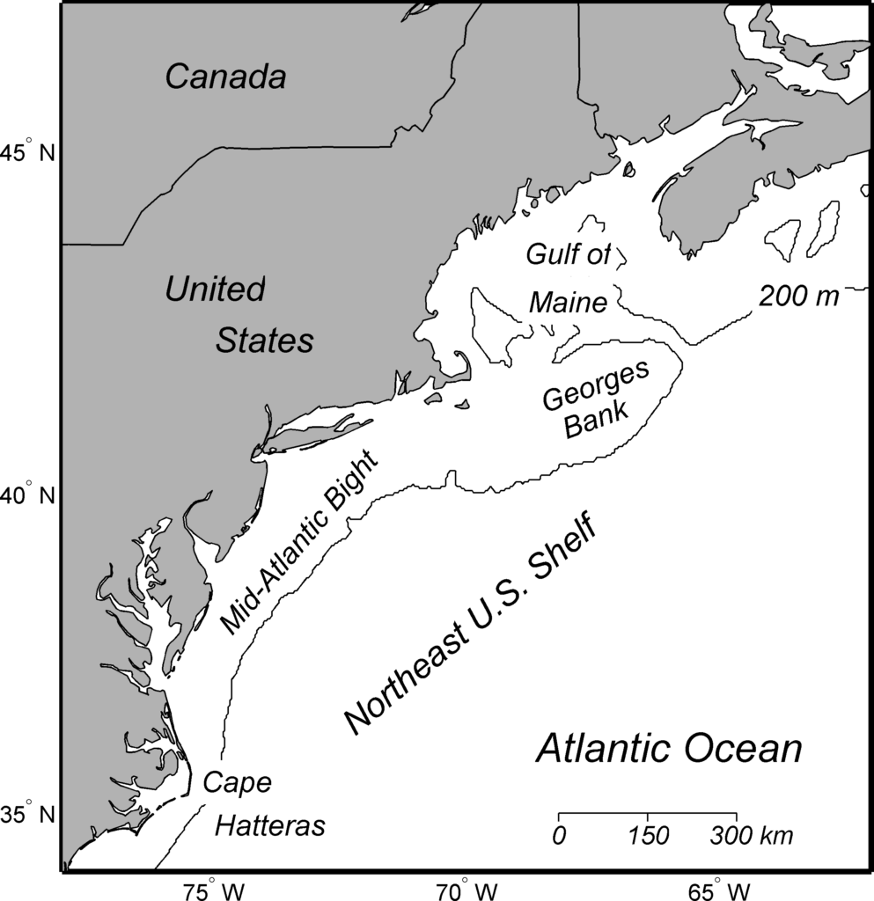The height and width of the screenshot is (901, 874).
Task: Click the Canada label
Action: pos(226,77)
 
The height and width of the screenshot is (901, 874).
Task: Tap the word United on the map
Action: pos(215,289)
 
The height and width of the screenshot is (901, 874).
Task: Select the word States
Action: pos(265,341)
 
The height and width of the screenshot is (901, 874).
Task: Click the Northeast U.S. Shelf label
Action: pos(471,626)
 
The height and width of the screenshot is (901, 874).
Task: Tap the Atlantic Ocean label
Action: pos(670,750)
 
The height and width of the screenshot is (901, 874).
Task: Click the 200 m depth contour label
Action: pos(799,297)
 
